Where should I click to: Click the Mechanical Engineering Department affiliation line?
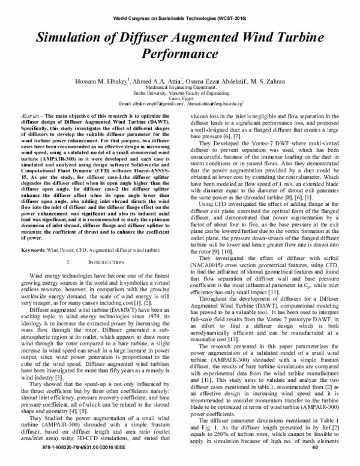coord(179,88)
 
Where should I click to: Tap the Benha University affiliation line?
coord(179,93)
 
